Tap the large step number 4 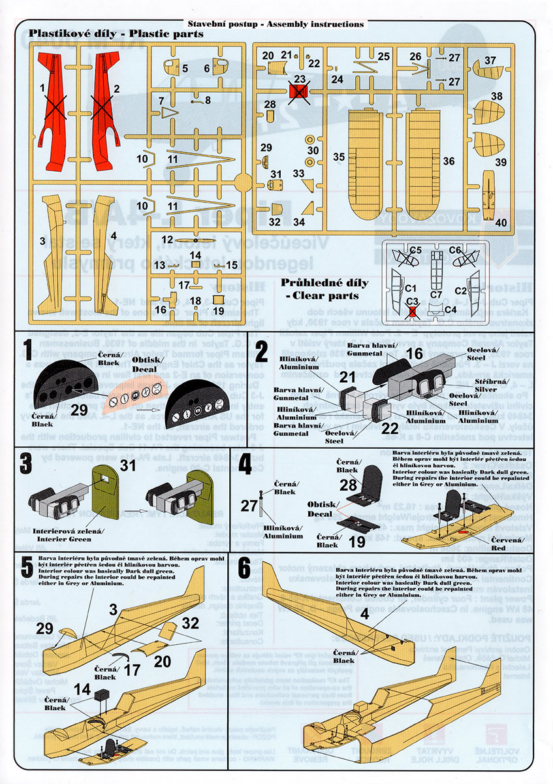pos(245,463)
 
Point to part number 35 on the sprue pos(338,157)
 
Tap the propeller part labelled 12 pos(195,240)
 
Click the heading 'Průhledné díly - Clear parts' pos(324,289)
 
